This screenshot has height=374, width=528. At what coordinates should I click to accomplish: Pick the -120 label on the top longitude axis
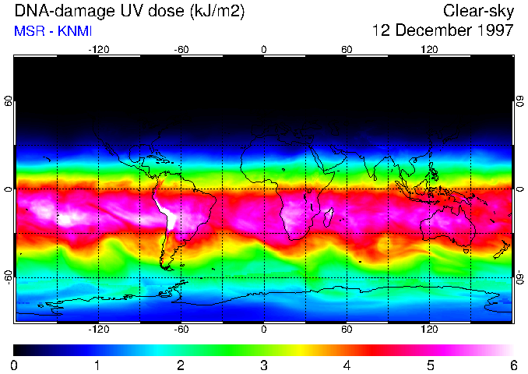(x=98, y=49)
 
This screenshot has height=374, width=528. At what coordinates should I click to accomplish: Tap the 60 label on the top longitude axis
(x=347, y=49)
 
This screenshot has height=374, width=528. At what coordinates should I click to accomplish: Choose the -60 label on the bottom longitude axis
(x=181, y=330)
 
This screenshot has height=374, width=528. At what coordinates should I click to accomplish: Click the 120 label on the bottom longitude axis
(x=429, y=330)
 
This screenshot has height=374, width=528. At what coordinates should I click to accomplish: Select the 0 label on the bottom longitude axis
(x=264, y=330)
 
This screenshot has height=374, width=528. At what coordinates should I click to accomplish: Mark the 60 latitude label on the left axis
(x=8, y=101)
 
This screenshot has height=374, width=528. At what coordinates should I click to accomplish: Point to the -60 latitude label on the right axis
(x=520, y=277)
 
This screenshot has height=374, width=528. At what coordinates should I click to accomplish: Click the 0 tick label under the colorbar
(x=14, y=365)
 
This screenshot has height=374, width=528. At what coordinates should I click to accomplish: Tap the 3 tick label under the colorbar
(x=264, y=365)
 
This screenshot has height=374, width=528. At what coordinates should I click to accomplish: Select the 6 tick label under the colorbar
(x=513, y=365)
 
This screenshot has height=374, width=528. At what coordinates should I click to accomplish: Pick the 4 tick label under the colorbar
(x=347, y=365)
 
